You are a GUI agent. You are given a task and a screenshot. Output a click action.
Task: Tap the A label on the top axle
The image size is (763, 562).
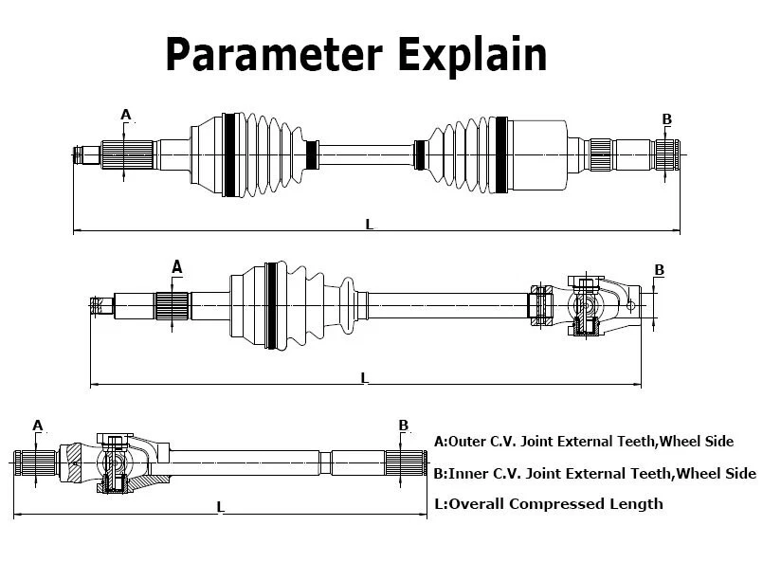125,115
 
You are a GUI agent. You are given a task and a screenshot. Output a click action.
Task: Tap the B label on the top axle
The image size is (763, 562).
666,119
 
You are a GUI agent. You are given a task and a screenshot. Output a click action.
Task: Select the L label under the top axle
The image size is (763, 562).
370,224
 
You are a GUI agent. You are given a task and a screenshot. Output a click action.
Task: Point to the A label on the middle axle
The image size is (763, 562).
176,267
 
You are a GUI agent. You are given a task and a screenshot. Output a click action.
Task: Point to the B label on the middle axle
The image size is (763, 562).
660,270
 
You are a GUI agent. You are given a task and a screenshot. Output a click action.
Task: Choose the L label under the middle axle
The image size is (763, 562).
364,378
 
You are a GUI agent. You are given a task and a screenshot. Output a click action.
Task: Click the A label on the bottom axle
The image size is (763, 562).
38,425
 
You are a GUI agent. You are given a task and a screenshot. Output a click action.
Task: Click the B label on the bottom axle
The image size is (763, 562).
403,426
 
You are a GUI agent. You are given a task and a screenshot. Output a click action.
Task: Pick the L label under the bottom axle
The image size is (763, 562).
220,507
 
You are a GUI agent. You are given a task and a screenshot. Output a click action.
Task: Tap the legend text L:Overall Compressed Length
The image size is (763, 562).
548,503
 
